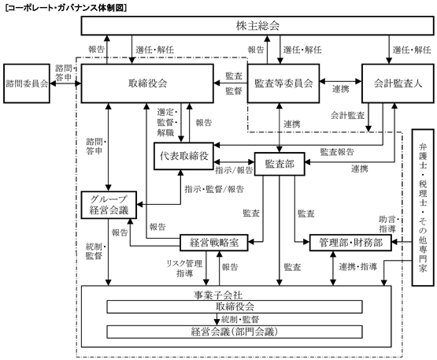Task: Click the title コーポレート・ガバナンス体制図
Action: coord(66,8)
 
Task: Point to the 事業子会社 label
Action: coord(218,295)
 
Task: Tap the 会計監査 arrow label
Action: coord(347,115)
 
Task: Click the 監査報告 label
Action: coord(337,152)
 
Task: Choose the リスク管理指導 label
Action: coord(184,269)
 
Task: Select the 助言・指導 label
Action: coord(389,225)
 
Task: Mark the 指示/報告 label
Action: coord(234,170)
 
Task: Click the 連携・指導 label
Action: coord(358,267)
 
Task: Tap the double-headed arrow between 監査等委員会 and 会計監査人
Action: coord(341,81)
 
